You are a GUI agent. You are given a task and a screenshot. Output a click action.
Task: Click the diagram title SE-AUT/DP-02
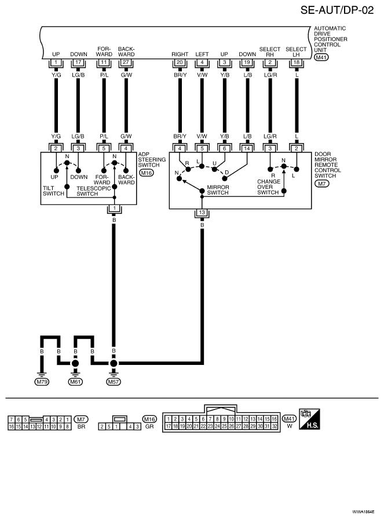tap(337, 10)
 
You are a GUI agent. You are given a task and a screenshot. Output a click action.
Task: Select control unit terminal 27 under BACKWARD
tap(126, 62)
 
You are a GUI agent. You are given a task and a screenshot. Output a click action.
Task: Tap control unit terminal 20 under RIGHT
tap(180, 62)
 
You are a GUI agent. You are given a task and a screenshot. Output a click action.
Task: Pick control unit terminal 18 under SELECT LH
tap(297, 62)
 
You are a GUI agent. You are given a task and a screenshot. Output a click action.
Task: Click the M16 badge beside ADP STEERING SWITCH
tap(147, 173)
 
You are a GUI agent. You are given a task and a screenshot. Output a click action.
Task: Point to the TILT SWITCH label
tap(53, 191)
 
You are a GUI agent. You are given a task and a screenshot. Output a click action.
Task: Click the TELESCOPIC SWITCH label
tap(93, 191)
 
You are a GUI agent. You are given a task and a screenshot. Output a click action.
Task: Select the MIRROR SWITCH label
tap(218, 189)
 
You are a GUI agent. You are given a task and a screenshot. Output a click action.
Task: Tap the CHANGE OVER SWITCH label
tap(269, 187)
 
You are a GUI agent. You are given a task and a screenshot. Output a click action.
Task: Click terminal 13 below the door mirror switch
tap(202, 213)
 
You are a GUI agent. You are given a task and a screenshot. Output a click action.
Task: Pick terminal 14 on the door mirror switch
tap(247, 149)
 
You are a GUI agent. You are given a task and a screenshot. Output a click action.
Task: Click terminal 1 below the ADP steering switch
tap(114, 208)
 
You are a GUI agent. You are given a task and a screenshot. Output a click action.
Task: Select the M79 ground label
tap(42, 382)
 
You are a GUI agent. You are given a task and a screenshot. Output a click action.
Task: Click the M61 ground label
tap(75, 382)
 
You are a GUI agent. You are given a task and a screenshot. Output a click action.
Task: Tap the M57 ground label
tap(114, 382)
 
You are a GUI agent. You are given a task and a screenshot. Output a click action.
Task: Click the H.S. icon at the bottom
tap(309, 419)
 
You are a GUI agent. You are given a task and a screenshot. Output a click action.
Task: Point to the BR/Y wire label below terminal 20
tap(180, 75)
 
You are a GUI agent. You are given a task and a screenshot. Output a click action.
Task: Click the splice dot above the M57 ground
tap(114, 363)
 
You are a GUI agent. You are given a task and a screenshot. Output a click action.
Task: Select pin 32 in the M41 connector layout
tap(275, 426)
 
